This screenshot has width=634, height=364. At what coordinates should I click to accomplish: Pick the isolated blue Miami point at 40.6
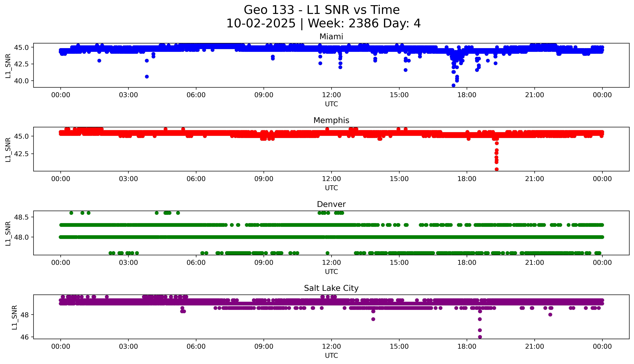tap(147, 76)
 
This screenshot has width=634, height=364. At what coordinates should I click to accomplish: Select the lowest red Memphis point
tap(497, 169)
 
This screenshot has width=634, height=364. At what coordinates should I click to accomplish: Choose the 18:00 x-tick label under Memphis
tap(467, 179)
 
